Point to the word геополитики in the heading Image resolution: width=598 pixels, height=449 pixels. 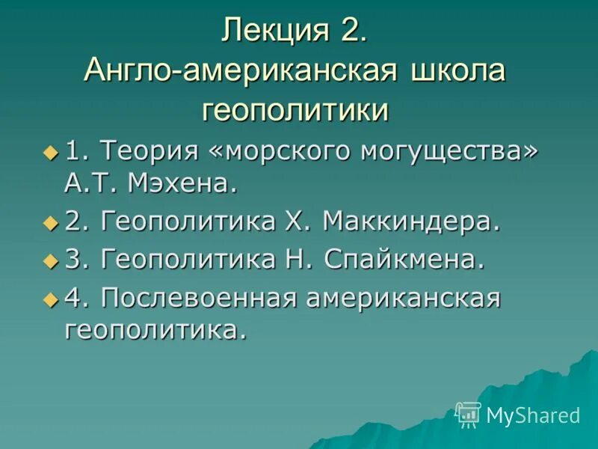click(296, 110)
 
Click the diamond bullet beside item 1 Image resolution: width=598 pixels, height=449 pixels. click(50, 153)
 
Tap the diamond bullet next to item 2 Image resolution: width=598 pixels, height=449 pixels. click(50, 222)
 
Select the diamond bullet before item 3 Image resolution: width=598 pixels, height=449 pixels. click(50, 261)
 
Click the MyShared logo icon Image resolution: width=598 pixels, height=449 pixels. click(467, 414)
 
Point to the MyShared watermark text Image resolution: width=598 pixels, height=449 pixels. click(533, 415)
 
